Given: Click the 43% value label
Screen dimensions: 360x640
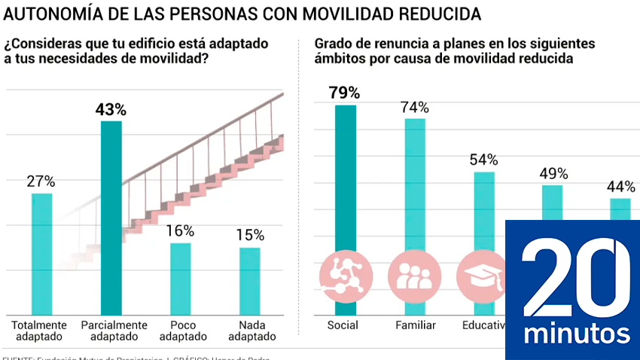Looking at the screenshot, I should tap(111, 110).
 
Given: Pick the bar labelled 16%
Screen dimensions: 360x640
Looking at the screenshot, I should tap(180, 278).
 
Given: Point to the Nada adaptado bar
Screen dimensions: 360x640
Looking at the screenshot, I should tap(250, 280).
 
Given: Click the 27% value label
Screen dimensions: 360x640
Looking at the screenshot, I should tap(41, 182).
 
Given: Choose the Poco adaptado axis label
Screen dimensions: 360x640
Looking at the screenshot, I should tap(180, 331).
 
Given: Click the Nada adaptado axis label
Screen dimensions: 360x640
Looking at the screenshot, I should tap(249, 331).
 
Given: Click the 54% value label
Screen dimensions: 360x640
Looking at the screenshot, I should tap(484, 160).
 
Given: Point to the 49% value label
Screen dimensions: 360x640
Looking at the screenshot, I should tap(553, 174).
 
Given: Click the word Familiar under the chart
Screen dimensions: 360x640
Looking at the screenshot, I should tap(415, 325).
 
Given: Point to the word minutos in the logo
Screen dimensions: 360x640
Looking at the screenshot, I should tap(577, 333).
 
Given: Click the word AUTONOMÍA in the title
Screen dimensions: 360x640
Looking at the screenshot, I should tap(50, 14).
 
